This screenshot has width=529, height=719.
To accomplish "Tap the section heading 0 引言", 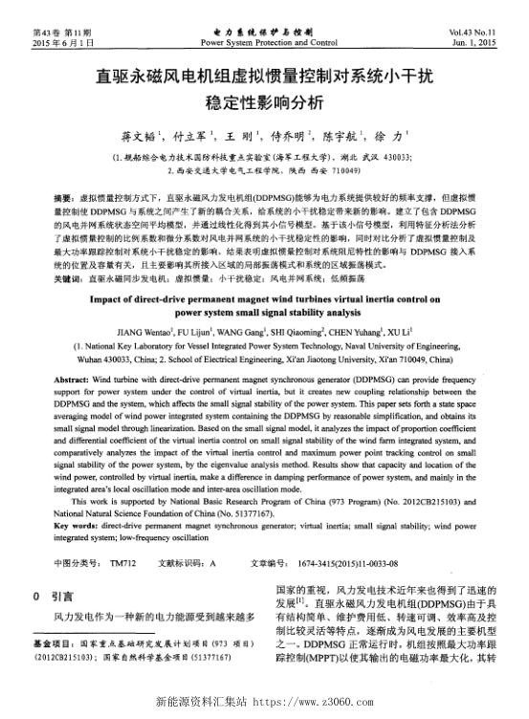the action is [56, 595].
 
